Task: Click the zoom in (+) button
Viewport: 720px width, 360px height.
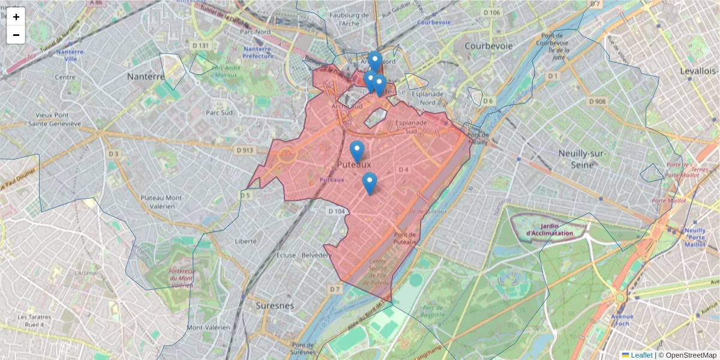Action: click(x=16, y=17)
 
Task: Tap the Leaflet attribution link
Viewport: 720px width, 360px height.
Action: click(x=641, y=355)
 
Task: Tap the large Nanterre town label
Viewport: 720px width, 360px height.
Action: click(x=146, y=77)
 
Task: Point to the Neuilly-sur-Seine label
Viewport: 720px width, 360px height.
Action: click(x=583, y=158)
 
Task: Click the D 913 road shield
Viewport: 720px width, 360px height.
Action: click(x=245, y=150)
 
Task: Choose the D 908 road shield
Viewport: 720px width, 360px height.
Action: click(x=598, y=101)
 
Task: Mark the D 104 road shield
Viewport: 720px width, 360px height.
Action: click(x=337, y=211)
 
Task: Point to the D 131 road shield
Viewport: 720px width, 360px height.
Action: click(x=200, y=45)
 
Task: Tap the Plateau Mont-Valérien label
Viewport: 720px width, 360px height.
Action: click(x=161, y=202)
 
